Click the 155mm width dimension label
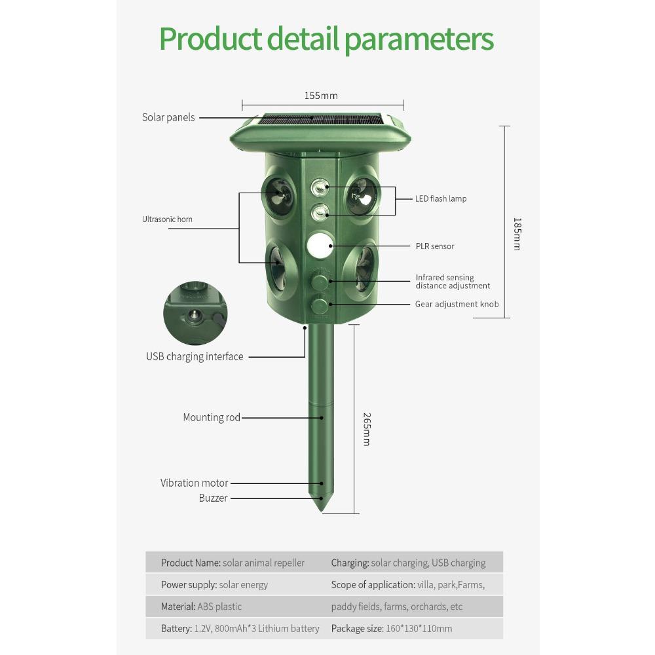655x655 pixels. pyautogui.click(x=321, y=96)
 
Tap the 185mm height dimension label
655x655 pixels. pyautogui.click(x=517, y=234)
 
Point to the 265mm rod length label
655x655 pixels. pyautogui.click(x=367, y=430)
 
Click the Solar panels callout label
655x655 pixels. pyautogui.click(x=168, y=117)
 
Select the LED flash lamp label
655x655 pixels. pyautogui.click(x=441, y=199)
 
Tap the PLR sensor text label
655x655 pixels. pyautogui.click(x=435, y=246)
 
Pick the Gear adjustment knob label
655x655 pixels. pyautogui.click(x=457, y=304)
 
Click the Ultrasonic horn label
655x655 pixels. pyautogui.click(x=167, y=219)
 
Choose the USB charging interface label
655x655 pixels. pyautogui.click(x=195, y=357)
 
